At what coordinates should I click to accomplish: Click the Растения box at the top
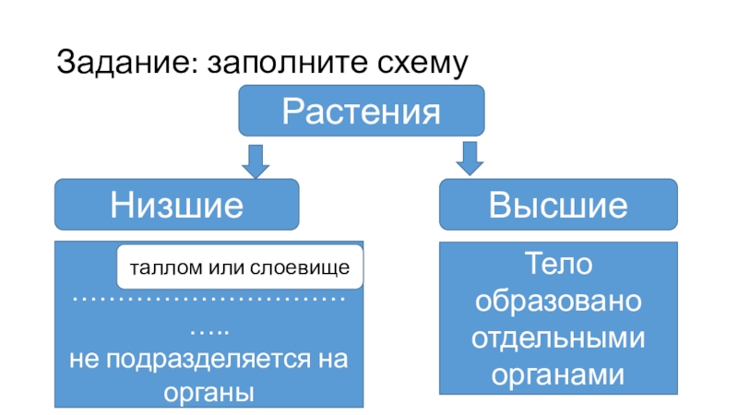point(362,111)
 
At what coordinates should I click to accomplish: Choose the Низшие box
point(177,204)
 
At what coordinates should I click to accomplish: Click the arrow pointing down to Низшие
point(255,159)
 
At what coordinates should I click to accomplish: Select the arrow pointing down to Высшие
point(470,159)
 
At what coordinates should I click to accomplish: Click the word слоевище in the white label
point(304,268)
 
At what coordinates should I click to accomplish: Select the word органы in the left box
point(208,391)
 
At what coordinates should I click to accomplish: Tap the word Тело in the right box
point(558,265)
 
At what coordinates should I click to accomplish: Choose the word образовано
point(558,301)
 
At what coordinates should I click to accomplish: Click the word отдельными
point(558,338)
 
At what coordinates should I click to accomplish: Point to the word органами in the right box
point(558,375)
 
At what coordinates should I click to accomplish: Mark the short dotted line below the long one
point(209,330)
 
